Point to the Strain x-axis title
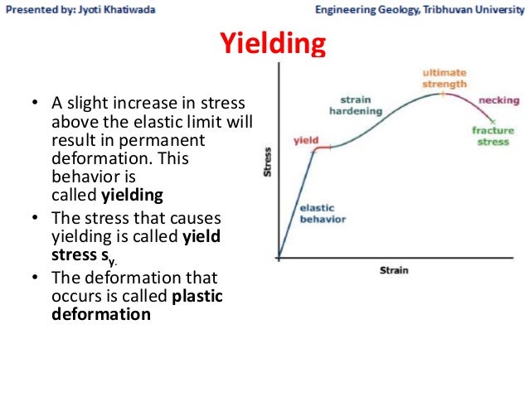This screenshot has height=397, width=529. [395, 270]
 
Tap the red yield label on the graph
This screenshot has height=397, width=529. [305, 141]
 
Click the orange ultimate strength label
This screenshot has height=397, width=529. [444, 79]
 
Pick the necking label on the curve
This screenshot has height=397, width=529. [500, 101]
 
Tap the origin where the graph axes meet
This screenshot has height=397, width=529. [279, 258]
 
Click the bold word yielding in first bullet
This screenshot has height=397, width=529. [132, 196]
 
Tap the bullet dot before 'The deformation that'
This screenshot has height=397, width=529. [35, 278]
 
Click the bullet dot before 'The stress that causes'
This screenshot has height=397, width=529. [35, 218]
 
